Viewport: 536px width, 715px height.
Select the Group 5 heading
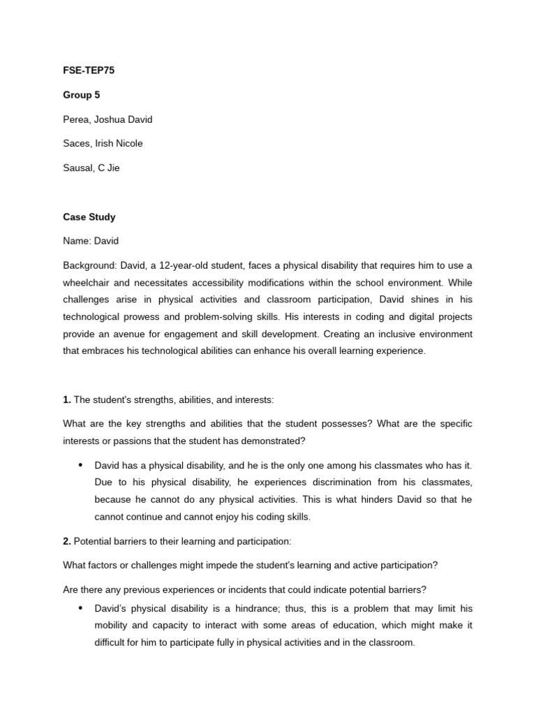82,95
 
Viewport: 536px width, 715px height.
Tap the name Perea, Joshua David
107,119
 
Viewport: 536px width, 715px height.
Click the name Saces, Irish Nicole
103,144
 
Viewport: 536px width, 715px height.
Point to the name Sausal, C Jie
91,168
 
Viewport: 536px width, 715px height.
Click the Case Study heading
89,217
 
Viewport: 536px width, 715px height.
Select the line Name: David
91,241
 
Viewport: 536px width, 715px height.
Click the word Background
89,266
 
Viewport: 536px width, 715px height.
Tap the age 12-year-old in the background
191,266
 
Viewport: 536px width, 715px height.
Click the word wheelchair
87,283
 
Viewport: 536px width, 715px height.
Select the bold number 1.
66,400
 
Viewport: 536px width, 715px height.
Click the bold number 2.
66,541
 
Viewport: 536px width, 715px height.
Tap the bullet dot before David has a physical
80,464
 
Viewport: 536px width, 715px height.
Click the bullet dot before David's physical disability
80,608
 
